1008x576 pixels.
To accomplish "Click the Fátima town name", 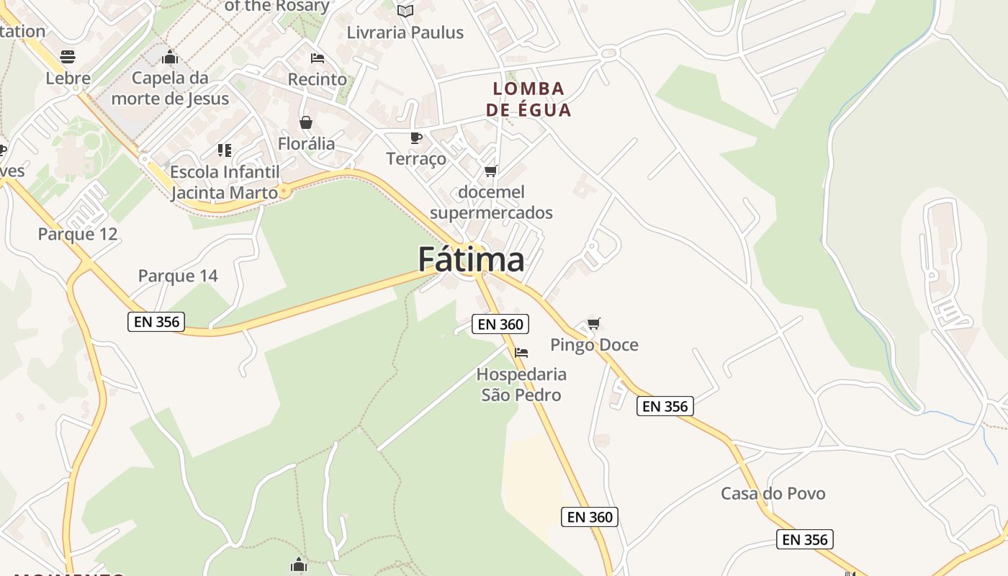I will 471,259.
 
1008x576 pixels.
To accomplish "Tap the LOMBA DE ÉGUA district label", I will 528,99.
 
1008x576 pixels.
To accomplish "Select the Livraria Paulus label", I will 405,32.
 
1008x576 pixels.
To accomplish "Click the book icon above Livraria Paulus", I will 405,11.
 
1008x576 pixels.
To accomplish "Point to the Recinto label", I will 317,79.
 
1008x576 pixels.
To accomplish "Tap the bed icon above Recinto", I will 317,58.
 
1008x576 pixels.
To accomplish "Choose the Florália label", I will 306,143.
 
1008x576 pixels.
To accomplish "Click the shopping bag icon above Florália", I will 306,122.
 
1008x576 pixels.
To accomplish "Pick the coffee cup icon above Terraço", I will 415,138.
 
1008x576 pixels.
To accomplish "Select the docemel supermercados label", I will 491,202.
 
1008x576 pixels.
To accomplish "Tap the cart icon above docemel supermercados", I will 491,171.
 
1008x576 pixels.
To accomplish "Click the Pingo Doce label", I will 594,345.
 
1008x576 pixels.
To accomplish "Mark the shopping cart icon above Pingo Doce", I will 593,323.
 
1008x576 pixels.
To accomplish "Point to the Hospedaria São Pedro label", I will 521,384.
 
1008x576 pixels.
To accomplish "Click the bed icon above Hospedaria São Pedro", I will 521,352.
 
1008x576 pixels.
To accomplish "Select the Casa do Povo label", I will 773,493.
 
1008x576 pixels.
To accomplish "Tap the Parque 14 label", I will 177,276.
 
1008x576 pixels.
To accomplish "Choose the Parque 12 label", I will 77,234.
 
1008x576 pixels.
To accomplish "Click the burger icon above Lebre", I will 68,56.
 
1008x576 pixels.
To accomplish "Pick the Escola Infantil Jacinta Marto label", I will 224,182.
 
